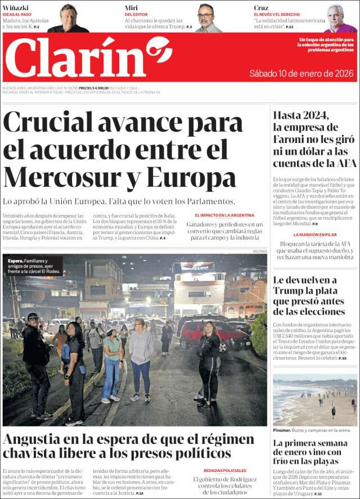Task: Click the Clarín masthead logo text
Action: [x=76, y=57]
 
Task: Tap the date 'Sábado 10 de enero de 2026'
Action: [x=301, y=74]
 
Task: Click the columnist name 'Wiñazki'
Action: [x=16, y=8]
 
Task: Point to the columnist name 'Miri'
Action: [x=131, y=8]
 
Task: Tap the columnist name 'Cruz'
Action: [x=261, y=8]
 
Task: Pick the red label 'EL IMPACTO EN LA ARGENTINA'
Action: [x=224, y=215]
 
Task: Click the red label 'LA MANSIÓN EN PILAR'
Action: [x=314, y=235]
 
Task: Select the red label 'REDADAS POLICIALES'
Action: [x=224, y=470]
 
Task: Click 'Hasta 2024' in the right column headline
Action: [x=300, y=116]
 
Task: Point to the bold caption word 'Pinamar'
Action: [x=282, y=430]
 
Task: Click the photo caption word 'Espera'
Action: [x=15, y=261]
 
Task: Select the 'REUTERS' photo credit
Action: [x=259, y=251]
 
